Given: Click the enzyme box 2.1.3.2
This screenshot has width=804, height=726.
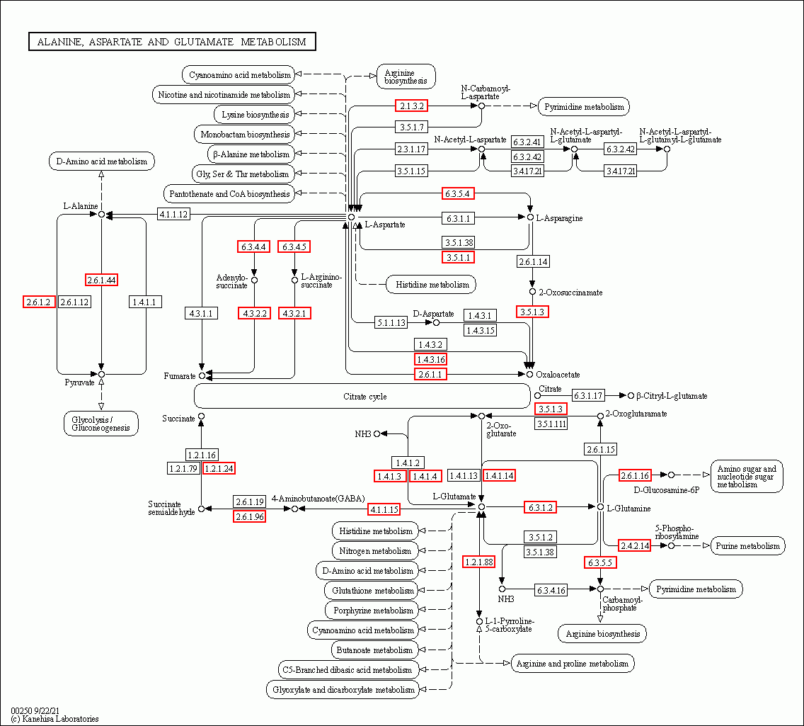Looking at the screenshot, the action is coord(411,106).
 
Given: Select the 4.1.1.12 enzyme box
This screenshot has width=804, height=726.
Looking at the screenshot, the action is coord(173,214).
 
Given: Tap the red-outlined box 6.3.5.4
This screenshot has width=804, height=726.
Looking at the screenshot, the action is coord(458,193).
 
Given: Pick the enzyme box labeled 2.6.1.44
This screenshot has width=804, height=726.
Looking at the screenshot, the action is coord(101,280).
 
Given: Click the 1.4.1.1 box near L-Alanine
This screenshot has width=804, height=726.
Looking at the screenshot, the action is coord(145,302).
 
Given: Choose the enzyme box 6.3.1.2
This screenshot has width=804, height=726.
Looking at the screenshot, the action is coord(540,507).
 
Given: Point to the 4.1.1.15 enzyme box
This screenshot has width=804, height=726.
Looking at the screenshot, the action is coord(384,509).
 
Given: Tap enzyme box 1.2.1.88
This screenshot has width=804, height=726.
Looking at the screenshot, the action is coord(479,562).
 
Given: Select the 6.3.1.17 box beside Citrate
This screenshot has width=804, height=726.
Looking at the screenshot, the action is coord(588,395).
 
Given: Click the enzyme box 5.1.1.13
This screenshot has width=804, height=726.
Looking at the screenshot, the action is coord(391,323).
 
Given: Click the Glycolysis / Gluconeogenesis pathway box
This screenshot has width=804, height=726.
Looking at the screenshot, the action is coord(101,424).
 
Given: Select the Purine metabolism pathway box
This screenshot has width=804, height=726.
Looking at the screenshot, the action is coord(747,546).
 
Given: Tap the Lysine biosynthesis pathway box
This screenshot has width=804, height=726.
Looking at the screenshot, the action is coord(255,115).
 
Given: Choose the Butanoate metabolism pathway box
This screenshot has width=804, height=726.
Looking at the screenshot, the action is coord(375,650).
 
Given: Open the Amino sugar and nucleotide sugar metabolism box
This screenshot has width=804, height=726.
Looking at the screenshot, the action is coord(747,477).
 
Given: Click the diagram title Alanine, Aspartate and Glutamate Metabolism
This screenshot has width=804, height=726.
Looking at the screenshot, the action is coord(172,42).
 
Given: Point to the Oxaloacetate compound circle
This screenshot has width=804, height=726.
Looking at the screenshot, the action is coord(529,375).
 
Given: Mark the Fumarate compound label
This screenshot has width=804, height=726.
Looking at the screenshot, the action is coord(180,376).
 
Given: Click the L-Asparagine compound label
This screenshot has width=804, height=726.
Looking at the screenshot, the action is coord(559,218).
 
